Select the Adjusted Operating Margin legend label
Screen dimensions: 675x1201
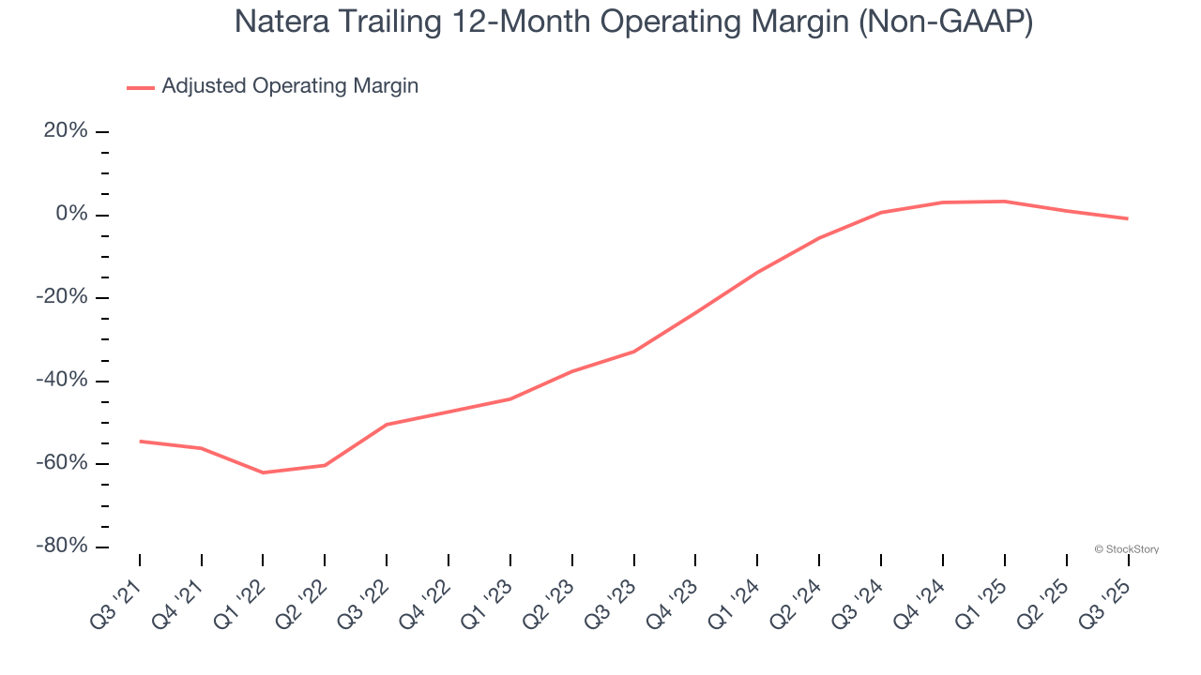pos(290,86)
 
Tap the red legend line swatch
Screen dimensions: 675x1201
pos(141,87)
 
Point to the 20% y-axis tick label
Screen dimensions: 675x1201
pos(66,131)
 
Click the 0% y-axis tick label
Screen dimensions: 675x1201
pos(72,215)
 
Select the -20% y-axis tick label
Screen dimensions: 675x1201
pos(62,297)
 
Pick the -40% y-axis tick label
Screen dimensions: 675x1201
pos(62,381)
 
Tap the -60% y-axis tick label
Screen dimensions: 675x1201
pos(62,463)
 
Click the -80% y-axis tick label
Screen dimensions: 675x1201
pos(62,546)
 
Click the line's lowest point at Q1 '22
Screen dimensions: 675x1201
pos(263,472)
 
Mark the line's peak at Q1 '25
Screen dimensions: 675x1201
pos(1004,202)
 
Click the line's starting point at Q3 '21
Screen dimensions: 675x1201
pos(140,441)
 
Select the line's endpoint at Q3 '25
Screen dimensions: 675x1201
pos(1127,218)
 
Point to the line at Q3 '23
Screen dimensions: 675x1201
pos(634,352)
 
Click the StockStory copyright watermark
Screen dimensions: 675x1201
pos(1126,549)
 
